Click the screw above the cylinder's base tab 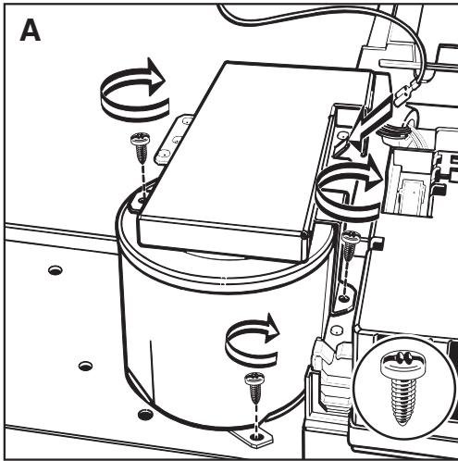[x=253, y=380]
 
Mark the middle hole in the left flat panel [x=85, y=365]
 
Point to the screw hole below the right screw [x=345, y=298]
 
